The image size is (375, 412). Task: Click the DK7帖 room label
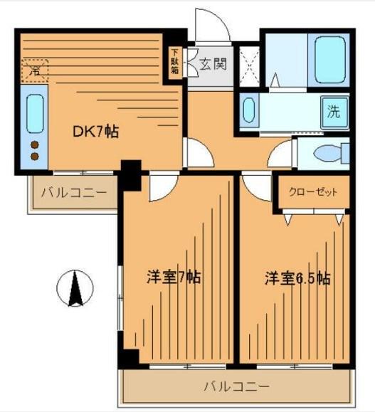[x=96, y=131]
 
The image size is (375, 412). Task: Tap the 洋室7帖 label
[x=174, y=277]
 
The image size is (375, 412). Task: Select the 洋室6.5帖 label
[x=298, y=277]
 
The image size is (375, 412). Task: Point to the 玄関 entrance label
[x=211, y=65]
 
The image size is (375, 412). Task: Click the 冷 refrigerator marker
[x=33, y=70]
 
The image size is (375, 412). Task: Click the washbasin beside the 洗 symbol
[x=248, y=112]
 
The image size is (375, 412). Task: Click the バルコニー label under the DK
[x=73, y=192]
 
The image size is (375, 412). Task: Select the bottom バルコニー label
[x=236, y=388]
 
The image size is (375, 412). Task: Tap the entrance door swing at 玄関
[x=219, y=28]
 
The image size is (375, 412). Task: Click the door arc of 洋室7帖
[x=159, y=187]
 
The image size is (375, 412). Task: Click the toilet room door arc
[x=282, y=153]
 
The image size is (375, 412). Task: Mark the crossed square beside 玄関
[x=248, y=65]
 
